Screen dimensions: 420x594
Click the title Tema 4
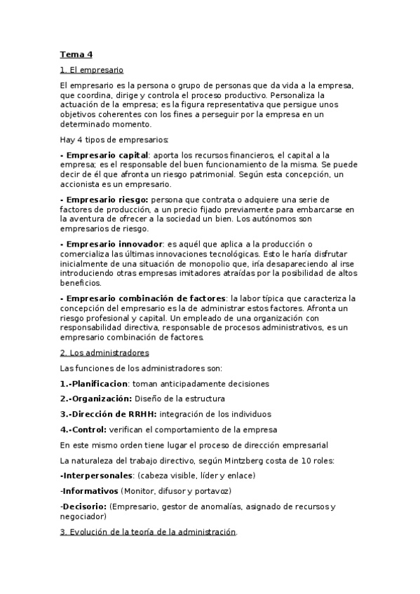pos(76,54)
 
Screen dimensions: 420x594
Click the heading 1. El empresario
pos(91,70)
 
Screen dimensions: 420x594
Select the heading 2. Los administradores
pos(104,352)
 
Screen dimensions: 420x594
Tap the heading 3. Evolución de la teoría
pos(148,532)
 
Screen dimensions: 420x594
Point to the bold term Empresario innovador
pos(111,244)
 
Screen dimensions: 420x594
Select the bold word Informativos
pos(90,491)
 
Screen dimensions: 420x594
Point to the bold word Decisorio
pos(83,506)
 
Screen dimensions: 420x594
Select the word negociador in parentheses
pos(82,516)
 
